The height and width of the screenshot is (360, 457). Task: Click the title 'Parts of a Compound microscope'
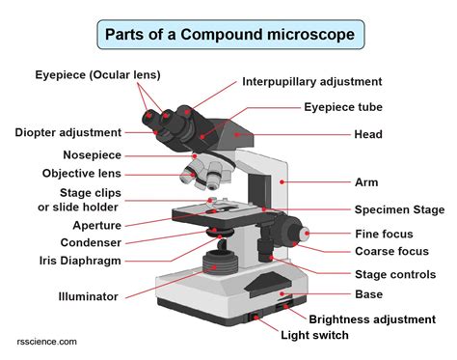point(229,37)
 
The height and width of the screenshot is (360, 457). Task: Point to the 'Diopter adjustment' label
point(67,132)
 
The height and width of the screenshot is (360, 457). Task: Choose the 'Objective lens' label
point(82,174)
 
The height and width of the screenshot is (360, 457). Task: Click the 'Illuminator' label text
point(88,296)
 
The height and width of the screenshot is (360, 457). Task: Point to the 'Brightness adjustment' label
point(370,318)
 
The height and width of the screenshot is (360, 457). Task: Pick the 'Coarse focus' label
point(390,252)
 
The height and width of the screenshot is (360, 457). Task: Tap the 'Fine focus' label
point(384,234)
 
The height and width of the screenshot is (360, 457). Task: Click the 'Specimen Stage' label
point(399,209)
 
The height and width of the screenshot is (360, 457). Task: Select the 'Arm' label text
point(365,180)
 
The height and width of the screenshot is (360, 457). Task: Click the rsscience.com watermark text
point(47,342)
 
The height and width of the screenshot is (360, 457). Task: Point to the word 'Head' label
point(369,134)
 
